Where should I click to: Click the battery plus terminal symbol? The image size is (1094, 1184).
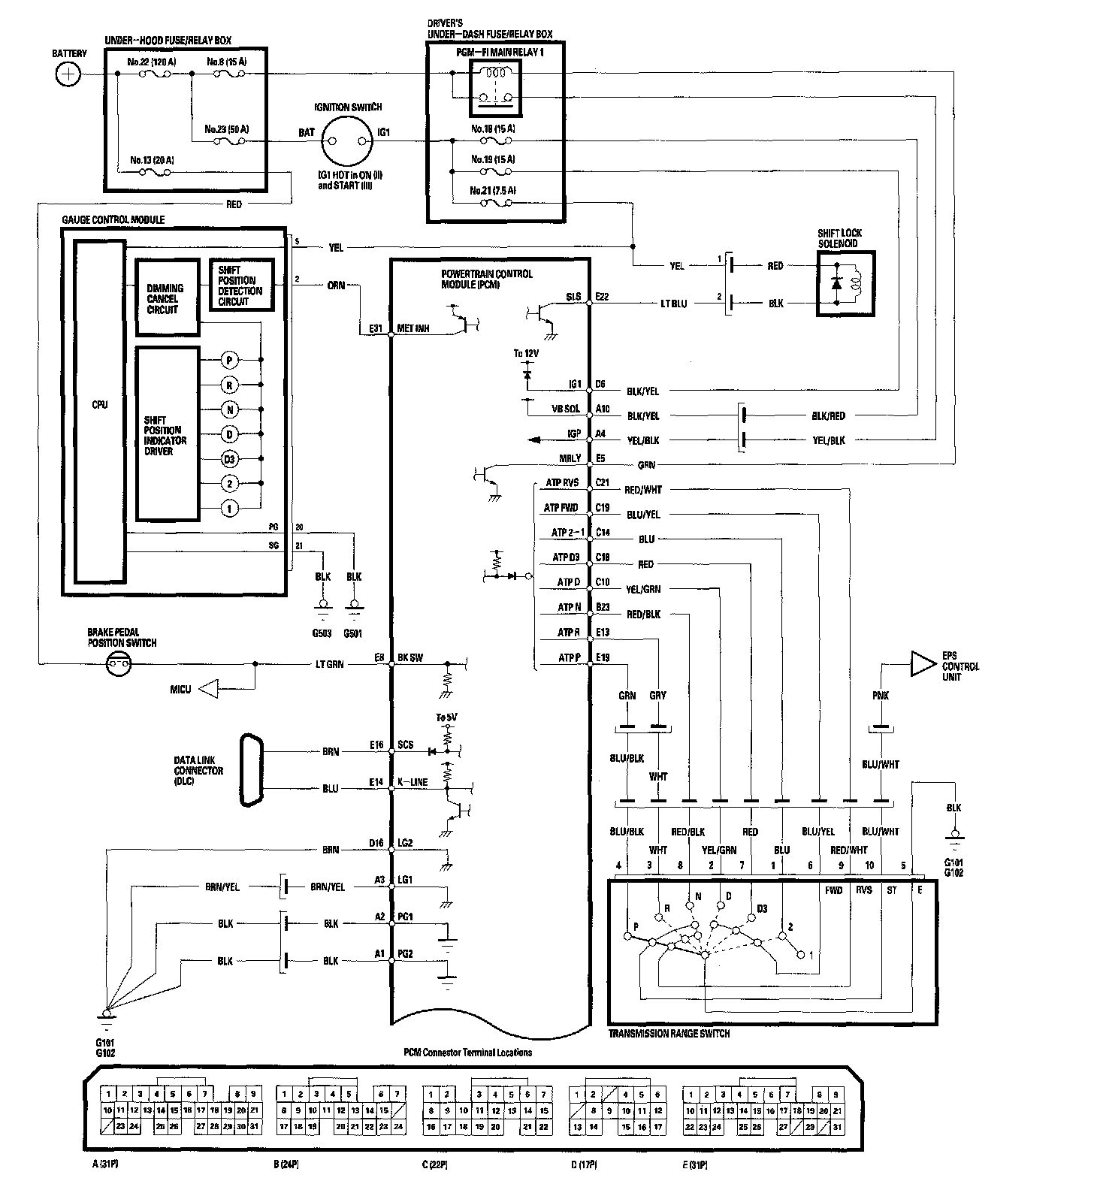point(68,74)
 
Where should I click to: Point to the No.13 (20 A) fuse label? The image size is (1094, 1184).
point(151,159)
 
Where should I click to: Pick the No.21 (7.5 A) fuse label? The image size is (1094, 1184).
point(493,190)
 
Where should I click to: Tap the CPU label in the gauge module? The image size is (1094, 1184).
point(100,405)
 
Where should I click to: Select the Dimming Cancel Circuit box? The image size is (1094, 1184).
point(167,298)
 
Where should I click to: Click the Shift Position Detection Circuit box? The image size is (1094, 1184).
point(240,285)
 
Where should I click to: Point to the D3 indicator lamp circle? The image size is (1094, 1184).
point(230,459)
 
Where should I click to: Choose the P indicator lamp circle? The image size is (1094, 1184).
point(230,360)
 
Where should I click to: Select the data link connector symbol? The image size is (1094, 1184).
point(251,770)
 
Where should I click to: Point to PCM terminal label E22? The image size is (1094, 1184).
point(602,297)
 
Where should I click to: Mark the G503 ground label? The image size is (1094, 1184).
point(322,633)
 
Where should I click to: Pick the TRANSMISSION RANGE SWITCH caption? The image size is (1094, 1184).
point(669,1034)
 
